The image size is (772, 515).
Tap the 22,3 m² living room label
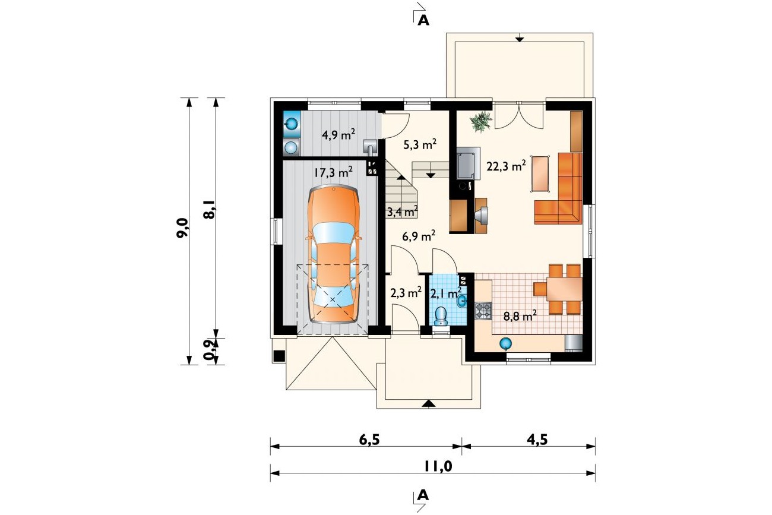pyautogui.click(x=507, y=166)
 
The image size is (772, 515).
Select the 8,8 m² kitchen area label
pyautogui.click(x=520, y=316)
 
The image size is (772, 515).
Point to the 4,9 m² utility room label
pyautogui.click(x=97, y=134)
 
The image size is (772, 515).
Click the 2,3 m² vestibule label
pyautogui.click(x=406, y=293)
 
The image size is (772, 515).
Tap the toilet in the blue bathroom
pyautogui.click(x=441, y=316)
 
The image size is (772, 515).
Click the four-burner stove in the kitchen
pyautogui.click(x=483, y=310)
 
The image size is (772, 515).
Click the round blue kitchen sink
pyautogui.click(x=505, y=343)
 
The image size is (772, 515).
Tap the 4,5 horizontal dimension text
pyautogui.click(x=537, y=440)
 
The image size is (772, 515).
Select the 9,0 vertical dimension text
pyautogui.click(x=182, y=228)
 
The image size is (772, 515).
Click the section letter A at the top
pyautogui.click(x=423, y=21)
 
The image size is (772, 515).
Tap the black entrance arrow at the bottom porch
pyautogui.click(x=428, y=404)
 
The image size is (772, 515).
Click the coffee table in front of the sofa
pyautogui.click(x=540, y=173)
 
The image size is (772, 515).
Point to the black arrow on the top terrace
pyautogui.click(x=520, y=39)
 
